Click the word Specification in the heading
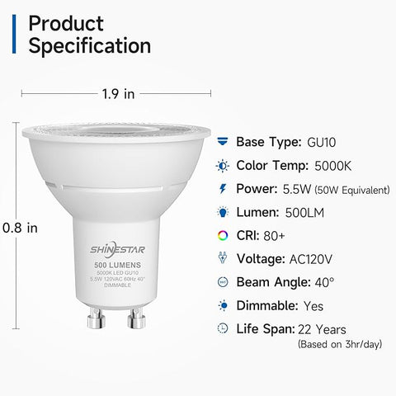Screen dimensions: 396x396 pos(90,45)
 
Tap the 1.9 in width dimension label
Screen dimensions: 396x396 pos(117,93)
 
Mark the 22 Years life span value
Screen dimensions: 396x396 pos(323,328)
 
